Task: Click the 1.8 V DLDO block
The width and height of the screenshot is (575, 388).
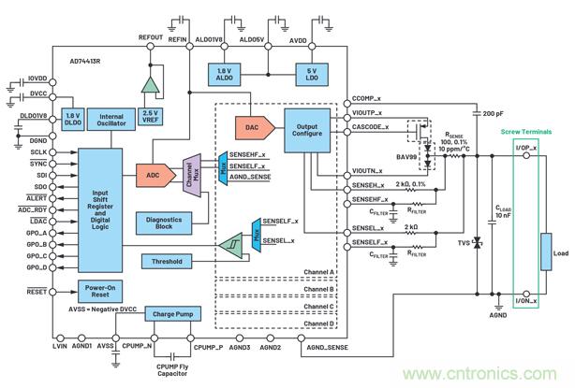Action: click(x=71, y=119)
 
